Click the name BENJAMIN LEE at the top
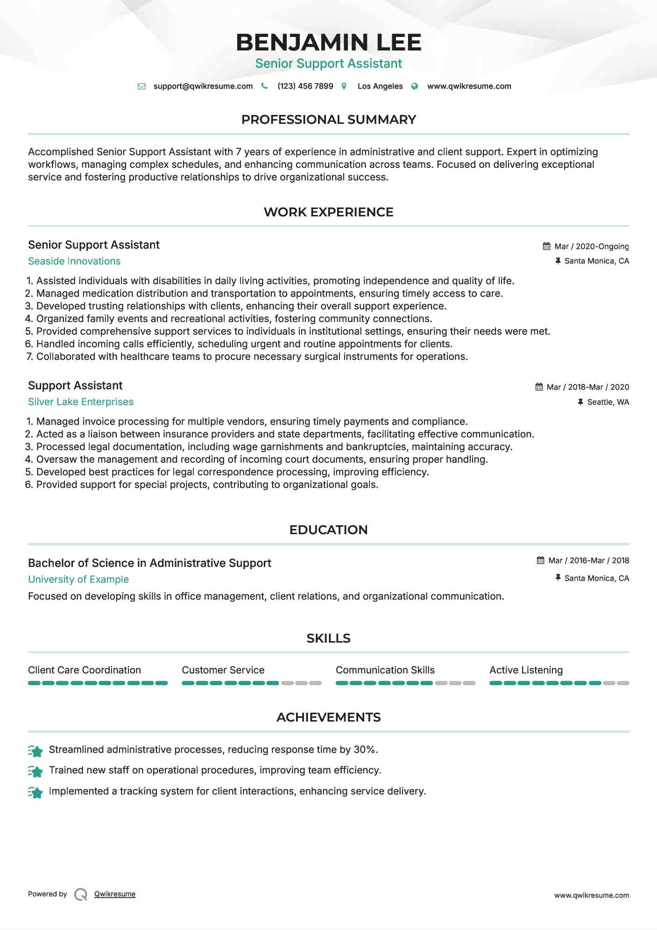click(328, 42)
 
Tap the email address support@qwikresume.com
click(203, 86)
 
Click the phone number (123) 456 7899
click(305, 86)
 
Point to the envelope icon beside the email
click(141, 86)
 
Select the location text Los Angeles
click(380, 86)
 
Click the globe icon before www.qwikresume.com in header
click(415, 86)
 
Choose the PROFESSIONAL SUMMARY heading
click(328, 120)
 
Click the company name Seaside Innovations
click(74, 261)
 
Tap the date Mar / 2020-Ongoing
click(591, 246)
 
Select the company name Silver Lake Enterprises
click(80, 402)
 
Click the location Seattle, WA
click(608, 402)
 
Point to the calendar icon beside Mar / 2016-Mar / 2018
click(540, 560)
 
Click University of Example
click(78, 579)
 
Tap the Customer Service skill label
click(223, 670)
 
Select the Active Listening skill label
click(526, 670)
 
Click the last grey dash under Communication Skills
click(469, 683)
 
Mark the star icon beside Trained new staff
click(35, 772)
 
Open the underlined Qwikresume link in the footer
click(114, 894)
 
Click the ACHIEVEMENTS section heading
click(328, 717)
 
